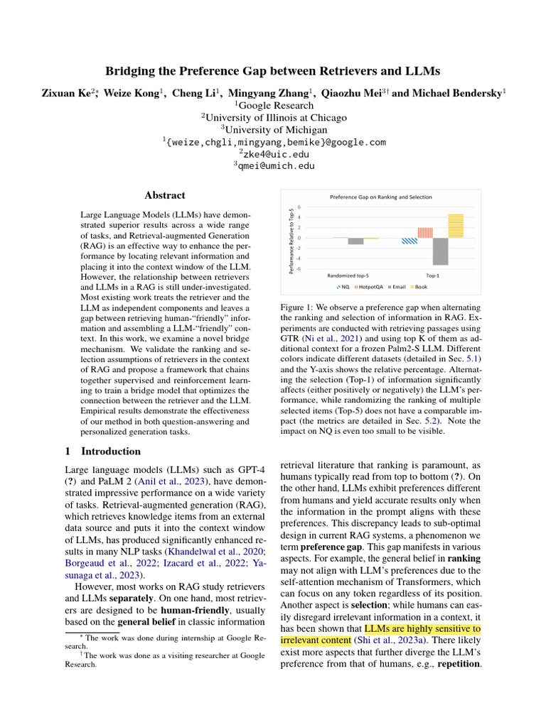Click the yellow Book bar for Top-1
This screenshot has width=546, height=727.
(x=456, y=225)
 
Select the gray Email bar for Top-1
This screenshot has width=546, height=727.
(x=440, y=251)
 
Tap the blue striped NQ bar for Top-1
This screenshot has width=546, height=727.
(x=409, y=241)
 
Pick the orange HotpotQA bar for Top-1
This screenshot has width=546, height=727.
(x=425, y=232)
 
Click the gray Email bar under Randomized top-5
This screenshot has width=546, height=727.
(x=355, y=241)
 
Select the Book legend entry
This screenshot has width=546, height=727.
(x=421, y=287)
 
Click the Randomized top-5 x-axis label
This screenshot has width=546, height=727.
(x=348, y=274)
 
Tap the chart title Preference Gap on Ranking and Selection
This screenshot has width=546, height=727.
(x=380, y=197)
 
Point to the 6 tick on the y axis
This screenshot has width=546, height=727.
(x=299, y=207)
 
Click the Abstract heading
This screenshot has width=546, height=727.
(x=165, y=195)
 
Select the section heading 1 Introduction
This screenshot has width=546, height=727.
(x=102, y=451)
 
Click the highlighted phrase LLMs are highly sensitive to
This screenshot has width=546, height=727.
(x=422, y=628)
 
